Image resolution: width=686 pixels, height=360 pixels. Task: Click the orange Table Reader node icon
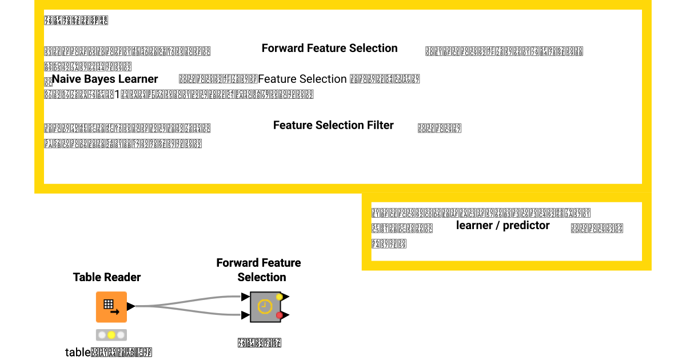[x=111, y=307]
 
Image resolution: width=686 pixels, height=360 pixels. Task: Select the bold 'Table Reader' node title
[x=107, y=277]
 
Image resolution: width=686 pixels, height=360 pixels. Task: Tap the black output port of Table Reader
[x=131, y=306]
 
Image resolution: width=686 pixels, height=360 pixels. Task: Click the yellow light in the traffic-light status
[x=111, y=335]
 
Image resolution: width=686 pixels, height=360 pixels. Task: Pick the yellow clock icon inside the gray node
[x=264, y=307]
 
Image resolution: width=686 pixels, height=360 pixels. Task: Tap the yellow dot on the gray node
[x=279, y=297]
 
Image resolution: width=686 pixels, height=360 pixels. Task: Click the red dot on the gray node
[x=279, y=315]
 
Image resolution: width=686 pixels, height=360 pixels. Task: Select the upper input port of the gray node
[x=245, y=297]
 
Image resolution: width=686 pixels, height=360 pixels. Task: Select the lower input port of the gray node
[x=245, y=315]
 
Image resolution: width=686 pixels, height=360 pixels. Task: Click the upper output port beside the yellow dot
[x=286, y=297]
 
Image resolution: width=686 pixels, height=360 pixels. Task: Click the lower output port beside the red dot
[x=286, y=315]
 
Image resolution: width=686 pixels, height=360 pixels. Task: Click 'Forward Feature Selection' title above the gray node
[x=259, y=270]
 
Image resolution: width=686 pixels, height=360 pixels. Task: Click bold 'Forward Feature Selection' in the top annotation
[x=329, y=49]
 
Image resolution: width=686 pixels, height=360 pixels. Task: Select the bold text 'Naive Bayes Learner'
[x=105, y=79]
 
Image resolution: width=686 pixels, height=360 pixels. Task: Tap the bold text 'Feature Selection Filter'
[x=333, y=125]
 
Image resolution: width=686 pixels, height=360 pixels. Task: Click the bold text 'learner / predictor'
[x=502, y=226]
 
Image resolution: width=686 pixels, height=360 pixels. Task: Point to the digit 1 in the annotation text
[x=117, y=95]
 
